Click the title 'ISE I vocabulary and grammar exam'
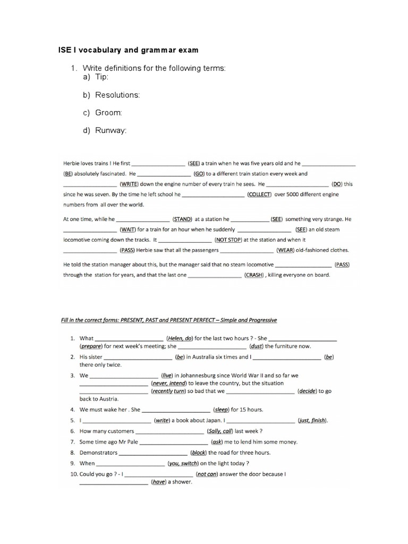click(x=127, y=50)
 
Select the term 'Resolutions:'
click(x=117, y=95)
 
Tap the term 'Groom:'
click(x=109, y=113)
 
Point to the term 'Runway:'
click(x=111, y=131)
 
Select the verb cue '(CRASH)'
click(x=254, y=275)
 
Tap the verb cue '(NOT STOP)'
click(x=228, y=240)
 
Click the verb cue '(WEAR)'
click(x=290, y=250)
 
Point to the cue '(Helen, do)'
click(x=180, y=338)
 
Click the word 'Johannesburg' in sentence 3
click(x=200, y=375)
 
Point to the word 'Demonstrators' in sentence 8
click(x=98, y=453)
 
